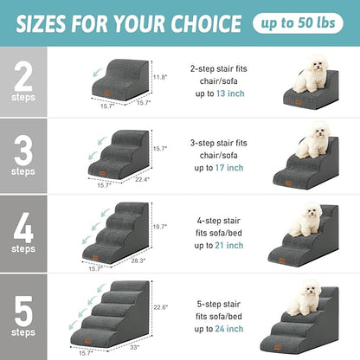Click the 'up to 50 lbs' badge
(309, 22)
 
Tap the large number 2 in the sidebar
(23, 75)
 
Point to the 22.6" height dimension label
(160, 305)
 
